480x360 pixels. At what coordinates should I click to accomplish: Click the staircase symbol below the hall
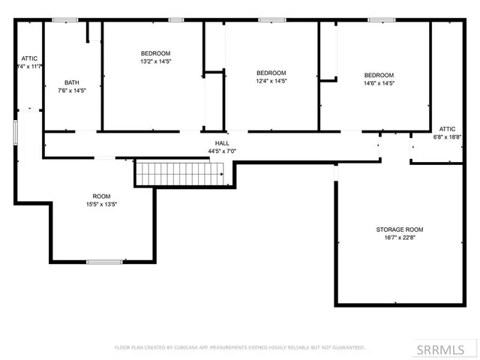point(180,173)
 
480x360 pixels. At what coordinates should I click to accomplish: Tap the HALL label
point(222,142)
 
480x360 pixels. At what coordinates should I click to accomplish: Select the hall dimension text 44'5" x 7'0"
point(222,151)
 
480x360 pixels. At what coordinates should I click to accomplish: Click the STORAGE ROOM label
point(400,229)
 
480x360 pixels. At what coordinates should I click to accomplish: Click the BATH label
point(72,82)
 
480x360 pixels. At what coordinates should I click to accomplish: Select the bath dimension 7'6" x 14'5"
point(72,91)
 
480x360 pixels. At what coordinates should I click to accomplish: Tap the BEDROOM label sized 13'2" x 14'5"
point(156,52)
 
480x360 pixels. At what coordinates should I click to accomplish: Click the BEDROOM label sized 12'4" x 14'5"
point(271,73)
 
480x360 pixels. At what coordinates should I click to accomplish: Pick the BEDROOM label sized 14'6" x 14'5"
point(379,75)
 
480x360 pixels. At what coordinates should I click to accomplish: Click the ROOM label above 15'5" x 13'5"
point(101,196)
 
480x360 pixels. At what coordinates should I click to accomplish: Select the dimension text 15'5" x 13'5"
point(101,204)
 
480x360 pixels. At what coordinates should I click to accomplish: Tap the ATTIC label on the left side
point(29,58)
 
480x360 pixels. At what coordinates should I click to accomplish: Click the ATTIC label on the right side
point(447,129)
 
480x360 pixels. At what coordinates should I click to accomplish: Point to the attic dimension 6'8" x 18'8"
point(447,137)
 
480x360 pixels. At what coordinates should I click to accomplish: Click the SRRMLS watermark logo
point(451,349)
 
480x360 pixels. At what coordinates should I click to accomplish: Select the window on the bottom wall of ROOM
point(104,261)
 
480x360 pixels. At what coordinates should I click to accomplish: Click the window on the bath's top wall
point(65,19)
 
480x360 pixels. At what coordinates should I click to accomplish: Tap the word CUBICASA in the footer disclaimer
point(183,347)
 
